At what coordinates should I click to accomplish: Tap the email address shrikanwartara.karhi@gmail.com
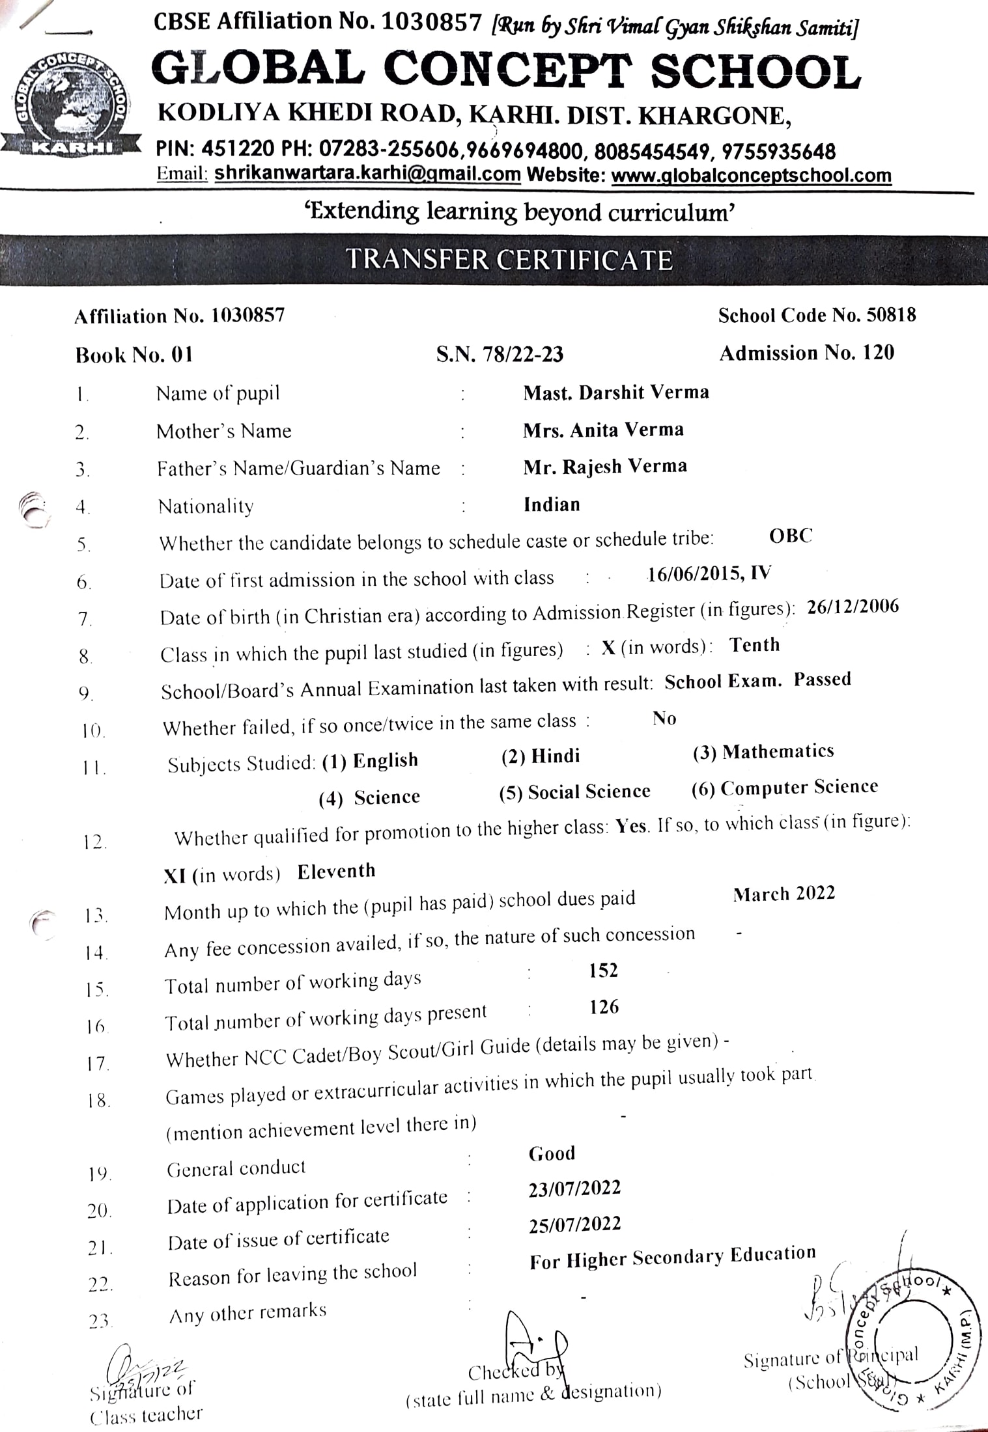coord(367,174)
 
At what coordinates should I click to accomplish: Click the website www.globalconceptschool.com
coord(751,176)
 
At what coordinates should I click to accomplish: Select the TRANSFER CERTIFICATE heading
coord(509,260)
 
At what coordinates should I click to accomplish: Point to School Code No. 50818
coord(817,316)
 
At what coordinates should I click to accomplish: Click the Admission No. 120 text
coord(806,353)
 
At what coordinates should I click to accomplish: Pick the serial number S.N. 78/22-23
coord(500,354)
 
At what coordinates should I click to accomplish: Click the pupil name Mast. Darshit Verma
coord(615,392)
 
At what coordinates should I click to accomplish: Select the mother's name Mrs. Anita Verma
coord(603,430)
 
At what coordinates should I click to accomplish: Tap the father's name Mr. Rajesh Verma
coord(604,467)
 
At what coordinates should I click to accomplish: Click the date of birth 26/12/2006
coord(853,607)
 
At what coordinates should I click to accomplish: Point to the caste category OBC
coord(791,536)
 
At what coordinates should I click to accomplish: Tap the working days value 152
coord(603,971)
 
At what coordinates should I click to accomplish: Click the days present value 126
coord(604,1007)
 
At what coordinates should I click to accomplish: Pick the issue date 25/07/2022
coord(574,1224)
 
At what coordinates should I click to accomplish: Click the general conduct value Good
coord(552,1153)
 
